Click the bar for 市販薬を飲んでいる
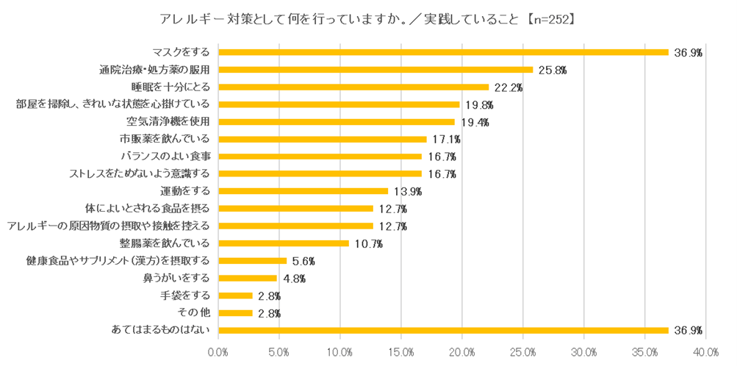pos(323,139)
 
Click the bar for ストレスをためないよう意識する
pos(320,174)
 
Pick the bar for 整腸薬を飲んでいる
pos(284,243)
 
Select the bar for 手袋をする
pos(236,295)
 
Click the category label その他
pos(194,313)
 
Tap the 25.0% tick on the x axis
pos(522,352)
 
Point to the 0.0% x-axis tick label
pos(218,352)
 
